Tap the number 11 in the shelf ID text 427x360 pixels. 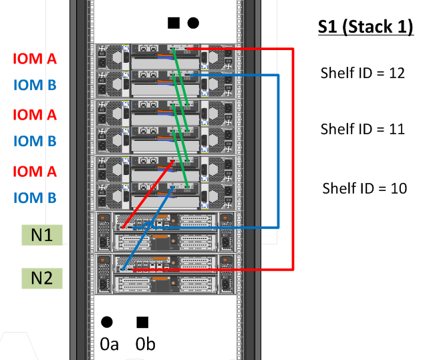point(396,129)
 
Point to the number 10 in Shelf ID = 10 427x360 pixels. point(398,188)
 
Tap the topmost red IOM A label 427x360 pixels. point(34,59)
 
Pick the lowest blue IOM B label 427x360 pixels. point(34,198)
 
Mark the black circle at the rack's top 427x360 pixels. point(193,23)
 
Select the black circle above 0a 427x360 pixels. point(107,323)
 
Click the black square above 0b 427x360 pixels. point(142,323)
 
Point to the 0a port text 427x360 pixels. point(109,345)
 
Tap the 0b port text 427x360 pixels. point(145,345)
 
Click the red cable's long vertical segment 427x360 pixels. point(293,160)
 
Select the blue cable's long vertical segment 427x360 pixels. point(277,152)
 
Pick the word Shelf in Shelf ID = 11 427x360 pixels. point(337,129)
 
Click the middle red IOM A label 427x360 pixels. point(34,114)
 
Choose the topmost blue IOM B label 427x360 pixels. point(34,85)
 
